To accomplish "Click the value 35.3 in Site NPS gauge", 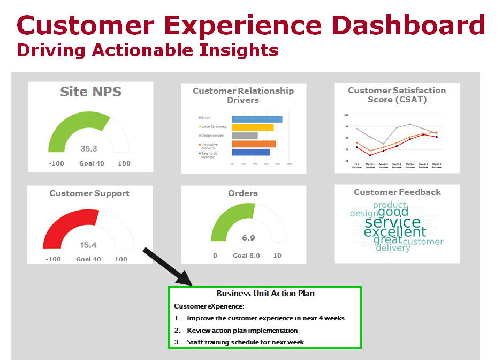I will coord(89,149).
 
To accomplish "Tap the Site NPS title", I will coord(90,92).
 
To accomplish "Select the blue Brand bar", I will coord(257,119).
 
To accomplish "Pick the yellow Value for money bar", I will coord(253,127).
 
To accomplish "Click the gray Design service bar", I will coord(245,136).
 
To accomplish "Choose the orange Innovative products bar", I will coord(254,144).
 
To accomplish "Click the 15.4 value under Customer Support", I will coord(88,245).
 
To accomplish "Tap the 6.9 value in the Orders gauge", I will coord(248,238).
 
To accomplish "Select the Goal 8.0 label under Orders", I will coord(246,256).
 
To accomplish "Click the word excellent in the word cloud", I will coord(395,232).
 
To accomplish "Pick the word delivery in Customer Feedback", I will coord(392,247).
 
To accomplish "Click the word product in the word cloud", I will coord(390,205).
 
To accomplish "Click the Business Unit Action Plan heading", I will coord(265,294).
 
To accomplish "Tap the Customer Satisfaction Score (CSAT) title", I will coord(397,95).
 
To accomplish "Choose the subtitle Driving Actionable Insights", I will coord(147,50).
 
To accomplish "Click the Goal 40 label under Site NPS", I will coord(92,163).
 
